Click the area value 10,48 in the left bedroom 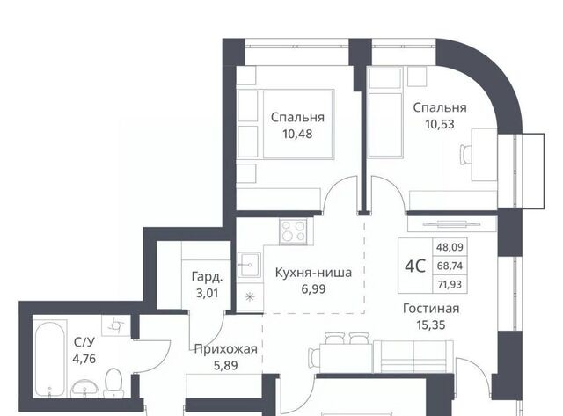(297, 134)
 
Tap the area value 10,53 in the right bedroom (440, 124)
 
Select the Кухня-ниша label (313, 273)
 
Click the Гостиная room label (431, 309)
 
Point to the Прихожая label (226, 349)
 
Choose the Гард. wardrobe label (208, 277)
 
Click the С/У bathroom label (84, 342)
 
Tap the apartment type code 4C (415, 266)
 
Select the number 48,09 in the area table (450, 247)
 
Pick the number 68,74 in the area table (450, 266)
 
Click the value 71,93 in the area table (450, 285)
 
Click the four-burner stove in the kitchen (294, 231)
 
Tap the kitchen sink (250, 265)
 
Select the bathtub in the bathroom (50, 359)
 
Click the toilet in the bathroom (113, 383)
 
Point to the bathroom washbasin (85, 389)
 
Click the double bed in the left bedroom (298, 124)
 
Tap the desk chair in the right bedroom (465, 155)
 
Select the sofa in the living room (413, 356)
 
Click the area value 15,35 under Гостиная (431, 325)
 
